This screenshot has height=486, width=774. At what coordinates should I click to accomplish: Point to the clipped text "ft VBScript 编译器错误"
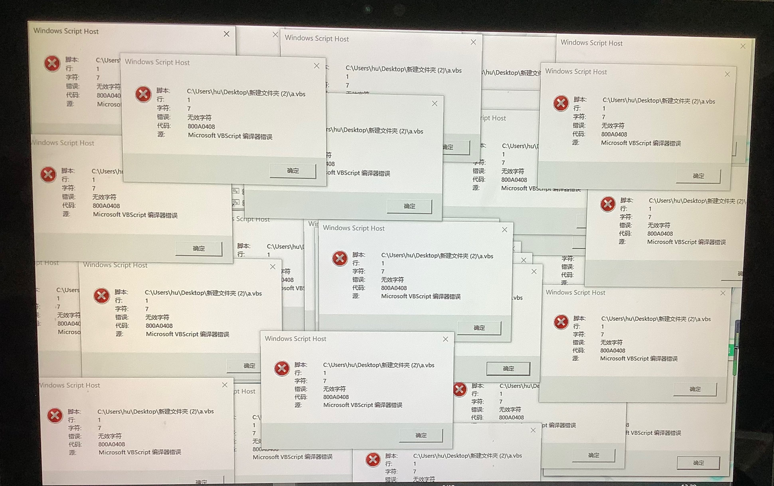point(653,433)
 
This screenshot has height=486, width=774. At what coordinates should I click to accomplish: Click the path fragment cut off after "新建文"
point(511,73)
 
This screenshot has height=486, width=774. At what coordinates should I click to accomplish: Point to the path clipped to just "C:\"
point(256,417)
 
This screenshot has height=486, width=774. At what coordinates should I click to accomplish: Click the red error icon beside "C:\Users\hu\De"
point(460,390)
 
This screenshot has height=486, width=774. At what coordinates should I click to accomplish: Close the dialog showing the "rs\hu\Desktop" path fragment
point(435,103)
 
